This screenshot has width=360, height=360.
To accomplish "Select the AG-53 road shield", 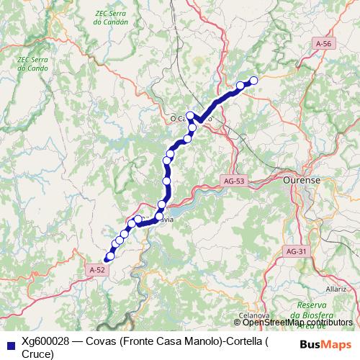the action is pos(234,181).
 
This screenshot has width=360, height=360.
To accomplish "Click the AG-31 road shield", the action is pos(297,251).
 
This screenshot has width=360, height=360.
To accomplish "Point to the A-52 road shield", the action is pos(98,269).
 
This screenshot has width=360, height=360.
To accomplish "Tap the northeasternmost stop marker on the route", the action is pos(253,81).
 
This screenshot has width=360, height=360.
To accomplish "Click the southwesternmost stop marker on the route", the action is pos(109,256).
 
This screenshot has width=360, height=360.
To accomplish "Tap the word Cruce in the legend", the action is pos(37,354).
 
